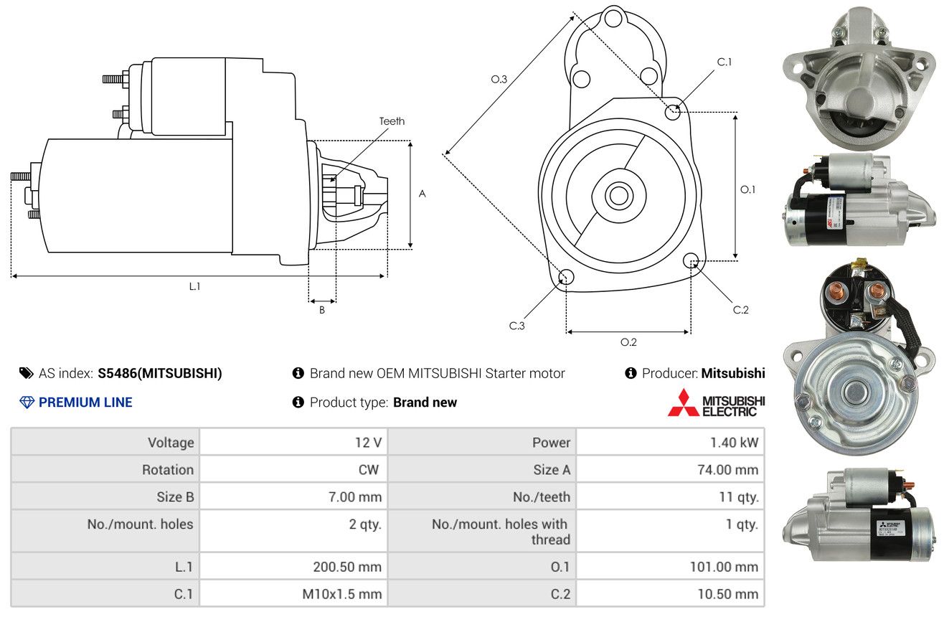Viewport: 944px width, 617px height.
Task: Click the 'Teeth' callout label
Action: click(x=392, y=121)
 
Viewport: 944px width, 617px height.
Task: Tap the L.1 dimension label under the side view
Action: click(x=194, y=286)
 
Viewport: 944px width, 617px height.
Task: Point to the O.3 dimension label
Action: click(x=499, y=79)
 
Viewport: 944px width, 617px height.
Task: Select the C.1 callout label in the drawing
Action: click(x=724, y=62)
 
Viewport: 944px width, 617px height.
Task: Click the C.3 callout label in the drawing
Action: click(x=516, y=326)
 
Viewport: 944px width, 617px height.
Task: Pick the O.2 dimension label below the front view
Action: click(x=628, y=342)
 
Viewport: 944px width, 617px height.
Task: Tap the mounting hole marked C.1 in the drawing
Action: click(x=673, y=112)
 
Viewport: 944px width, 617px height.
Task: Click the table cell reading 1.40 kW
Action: click(x=670, y=443)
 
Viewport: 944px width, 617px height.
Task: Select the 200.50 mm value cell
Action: click(x=293, y=567)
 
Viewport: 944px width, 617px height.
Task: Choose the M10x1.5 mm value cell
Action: click(x=293, y=594)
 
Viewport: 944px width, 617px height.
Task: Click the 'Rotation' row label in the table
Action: click(x=168, y=469)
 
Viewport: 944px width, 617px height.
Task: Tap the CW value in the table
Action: click(x=369, y=469)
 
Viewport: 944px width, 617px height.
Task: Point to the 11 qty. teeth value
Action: click(x=739, y=497)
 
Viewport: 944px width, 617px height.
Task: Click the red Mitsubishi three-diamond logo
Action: click(x=683, y=403)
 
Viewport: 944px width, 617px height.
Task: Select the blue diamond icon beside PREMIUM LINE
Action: click(x=27, y=402)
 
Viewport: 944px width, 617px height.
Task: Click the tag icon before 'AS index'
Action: click(x=26, y=373)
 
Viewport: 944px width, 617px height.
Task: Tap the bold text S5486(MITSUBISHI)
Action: click(x=160, y=373)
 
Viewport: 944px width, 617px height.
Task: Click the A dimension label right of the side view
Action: click(x=423, y=194)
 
